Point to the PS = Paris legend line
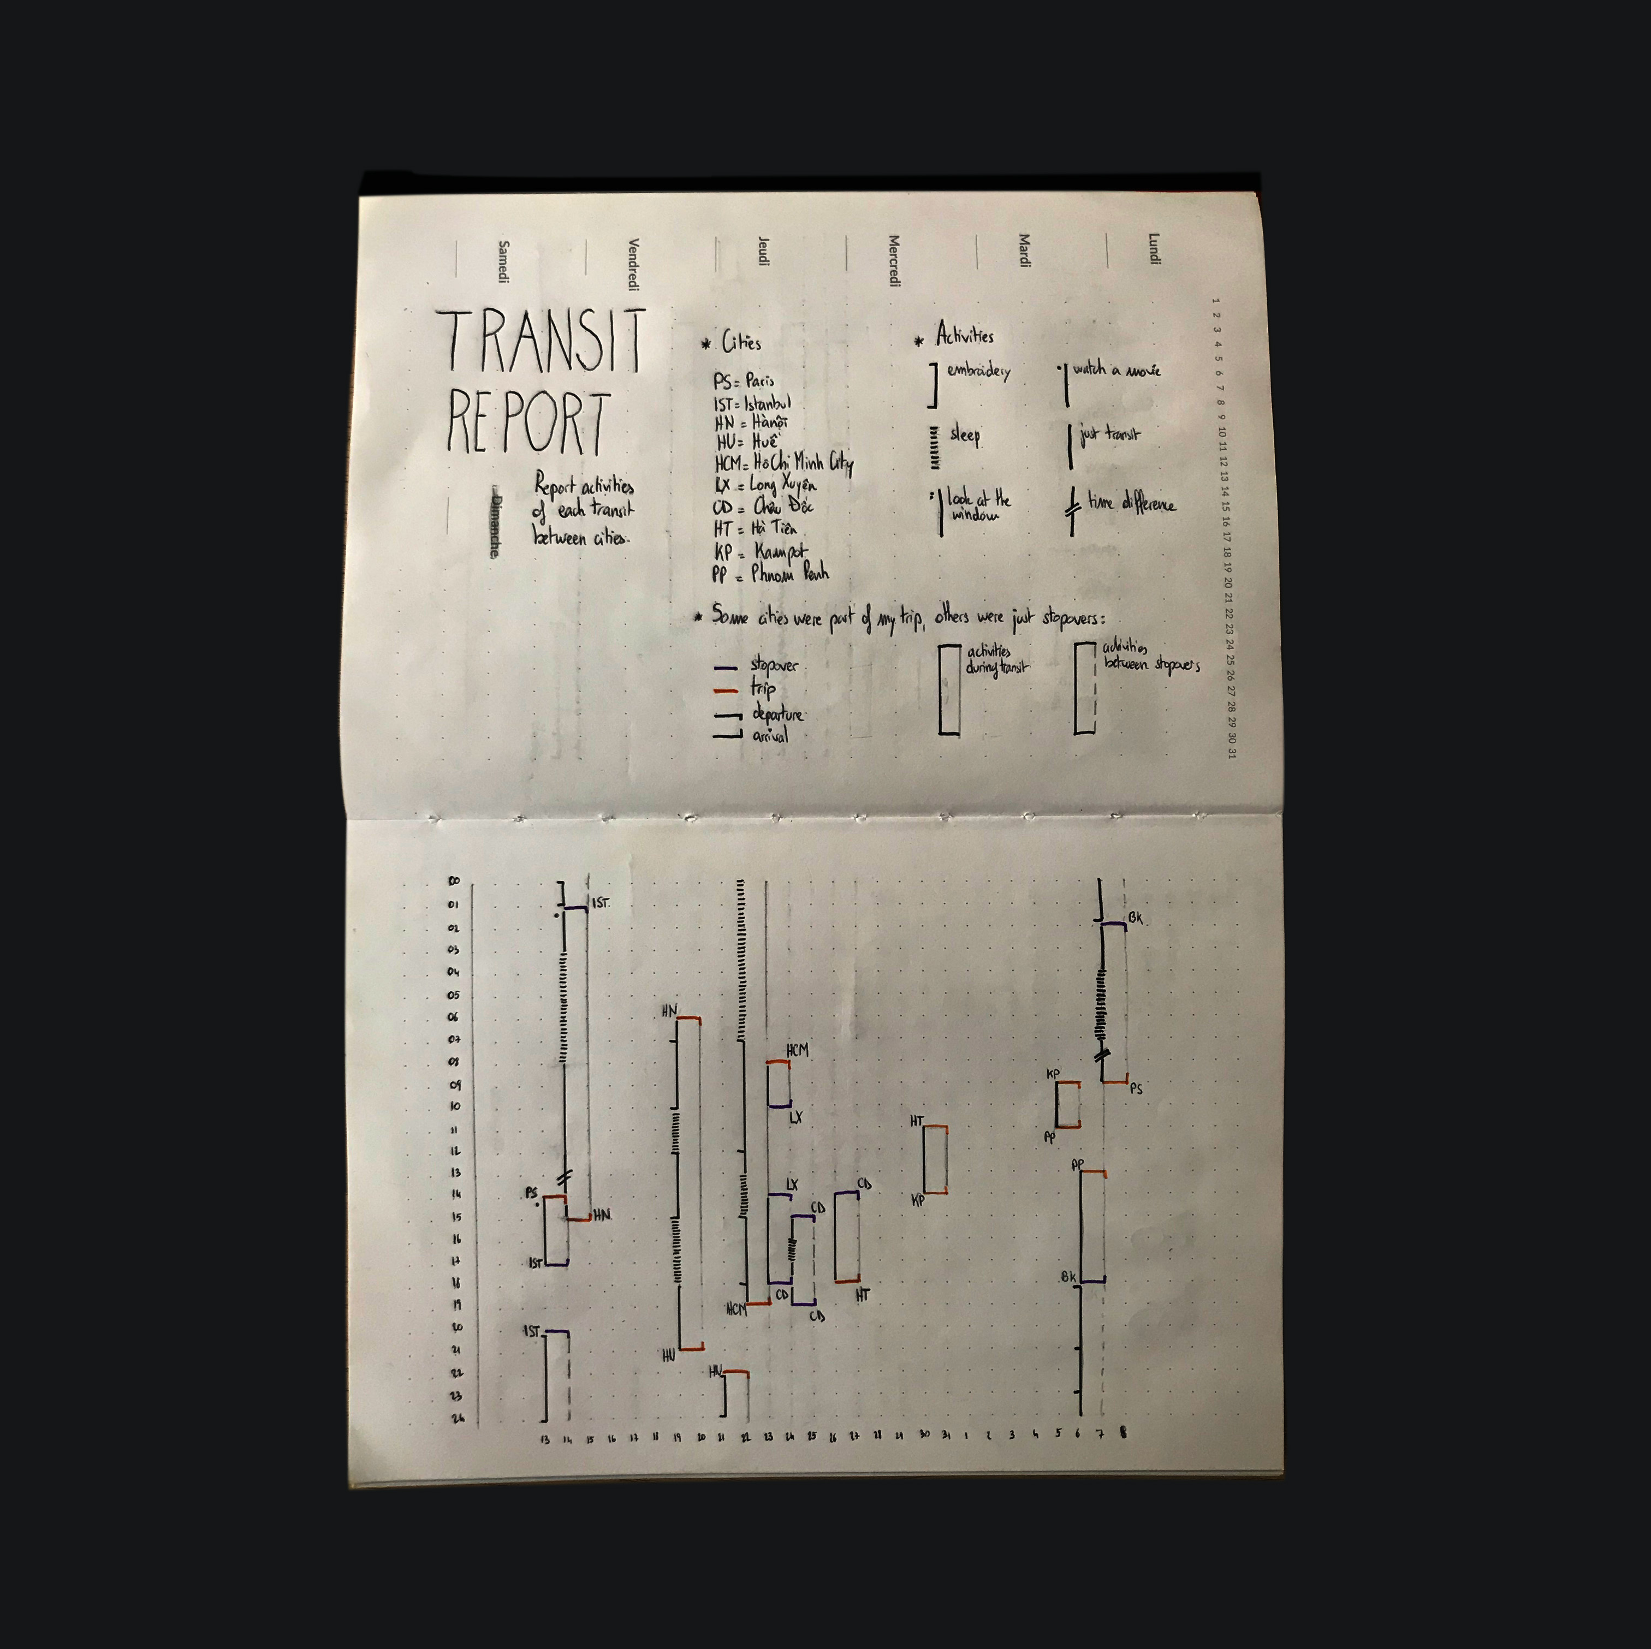(744, 381)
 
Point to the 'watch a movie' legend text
(1116, 371)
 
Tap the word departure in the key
(777, 715)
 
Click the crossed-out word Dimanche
(495, 521)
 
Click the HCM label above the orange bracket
(797, 1050)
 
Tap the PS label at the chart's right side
(1136, 1090)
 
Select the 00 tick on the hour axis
(454, 882)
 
